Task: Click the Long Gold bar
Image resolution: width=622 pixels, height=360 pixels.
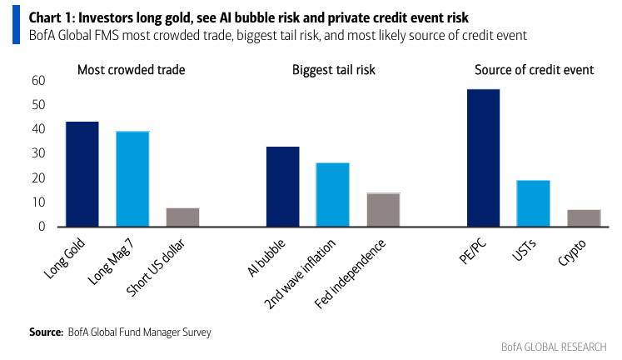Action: click(x=82, y=174)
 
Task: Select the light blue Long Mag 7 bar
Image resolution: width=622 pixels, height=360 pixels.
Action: click(x=132, y=178)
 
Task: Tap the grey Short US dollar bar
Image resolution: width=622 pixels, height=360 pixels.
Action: click(x=183, y=217)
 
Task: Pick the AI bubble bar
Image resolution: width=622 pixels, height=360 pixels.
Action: click(x=283, y=187)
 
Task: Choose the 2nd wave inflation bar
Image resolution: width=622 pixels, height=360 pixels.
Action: click(x=332, y=194)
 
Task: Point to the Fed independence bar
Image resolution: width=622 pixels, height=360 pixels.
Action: click(x=383, y=209)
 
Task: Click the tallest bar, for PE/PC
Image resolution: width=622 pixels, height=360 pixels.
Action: click(x=484, y=158)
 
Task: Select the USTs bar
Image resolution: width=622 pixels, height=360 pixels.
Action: click(x=533, y=203)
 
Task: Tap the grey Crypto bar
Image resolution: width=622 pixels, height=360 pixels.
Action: click(x=584, y=217)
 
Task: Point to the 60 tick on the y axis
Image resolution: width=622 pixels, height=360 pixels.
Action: click(x=38, y=81)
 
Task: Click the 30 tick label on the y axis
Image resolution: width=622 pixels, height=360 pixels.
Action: click(x=38, y=153)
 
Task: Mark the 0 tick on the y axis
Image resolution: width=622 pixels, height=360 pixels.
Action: click(x=42, y=227)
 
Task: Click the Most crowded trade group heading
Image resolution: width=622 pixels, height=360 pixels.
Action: click(x=132, y=70)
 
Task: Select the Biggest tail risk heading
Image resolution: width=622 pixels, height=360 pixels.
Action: click(x=334, y=70)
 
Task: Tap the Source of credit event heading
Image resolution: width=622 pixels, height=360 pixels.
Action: click(x=535, y=70)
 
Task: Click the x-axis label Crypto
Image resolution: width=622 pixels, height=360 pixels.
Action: click(x=571, y=252)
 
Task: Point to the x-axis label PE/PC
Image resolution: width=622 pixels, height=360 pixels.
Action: click(x=472, y=252)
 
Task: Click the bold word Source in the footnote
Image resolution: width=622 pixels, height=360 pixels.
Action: click(x=46, y=332)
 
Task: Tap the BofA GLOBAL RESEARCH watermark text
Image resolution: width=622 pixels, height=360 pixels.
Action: click(x=554, y=347)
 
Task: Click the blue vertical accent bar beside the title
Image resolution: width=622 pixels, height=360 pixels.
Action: click(x=17, y=25)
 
